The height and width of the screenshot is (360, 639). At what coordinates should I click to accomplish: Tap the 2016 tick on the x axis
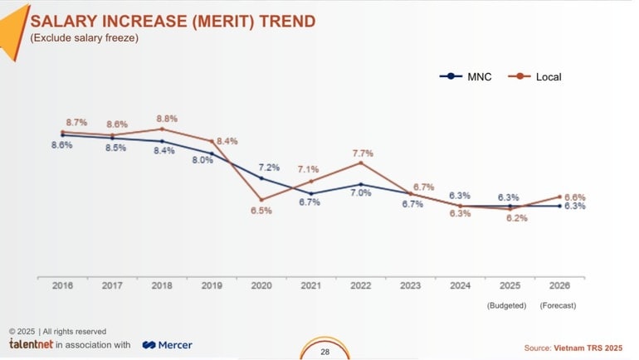click(x=62, y=285)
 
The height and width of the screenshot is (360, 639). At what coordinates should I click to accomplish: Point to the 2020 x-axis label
click(x=261, y=285)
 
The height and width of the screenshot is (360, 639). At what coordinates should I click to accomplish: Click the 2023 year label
click(x=411, y=285)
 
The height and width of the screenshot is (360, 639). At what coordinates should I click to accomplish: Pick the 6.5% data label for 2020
click(x=261, y=212)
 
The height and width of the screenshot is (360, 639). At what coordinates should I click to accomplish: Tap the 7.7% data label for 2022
click(x=363, y=153)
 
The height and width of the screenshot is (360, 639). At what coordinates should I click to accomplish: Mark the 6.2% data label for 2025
click(x=517, y=218)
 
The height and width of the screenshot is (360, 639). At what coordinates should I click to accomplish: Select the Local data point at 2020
click(x=261, y=199)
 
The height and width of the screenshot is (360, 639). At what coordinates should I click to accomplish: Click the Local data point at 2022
click(x=361, y=163)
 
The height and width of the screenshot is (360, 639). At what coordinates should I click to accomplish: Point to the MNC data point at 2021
click(x=311, y=193)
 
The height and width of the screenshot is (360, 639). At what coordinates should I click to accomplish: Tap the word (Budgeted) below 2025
click(x=506, y=305)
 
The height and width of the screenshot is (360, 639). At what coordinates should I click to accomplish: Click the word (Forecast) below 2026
click(x=558, y=305)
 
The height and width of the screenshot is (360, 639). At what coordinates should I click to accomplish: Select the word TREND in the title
click(x=282, y=21)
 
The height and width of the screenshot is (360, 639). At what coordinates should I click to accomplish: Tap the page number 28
click(x=324, y=352)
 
